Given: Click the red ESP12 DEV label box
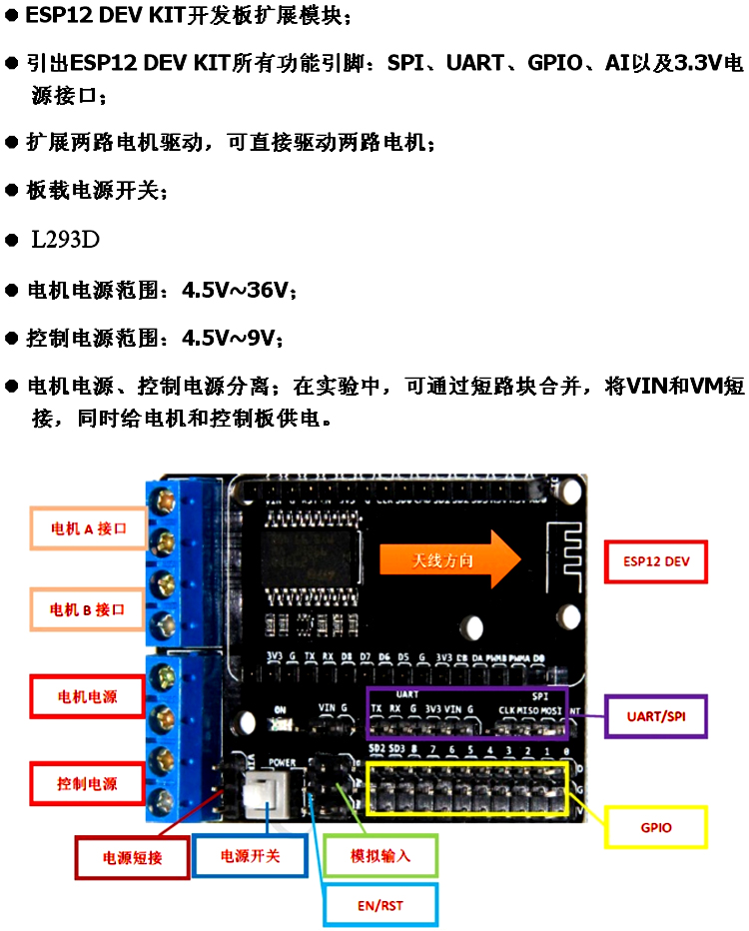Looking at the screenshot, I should click(x=656, y=561).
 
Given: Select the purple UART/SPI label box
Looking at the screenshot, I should click(x=656, y=716).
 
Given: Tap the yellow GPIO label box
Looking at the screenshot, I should click(x=656, y=827).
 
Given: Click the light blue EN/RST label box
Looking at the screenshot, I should click(x=379, y=906).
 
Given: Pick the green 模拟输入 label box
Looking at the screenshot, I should click(x=379, y=856).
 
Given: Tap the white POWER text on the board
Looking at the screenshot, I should click(x=283, y=762).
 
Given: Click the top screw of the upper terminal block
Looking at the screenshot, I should click(x=160, y=498).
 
